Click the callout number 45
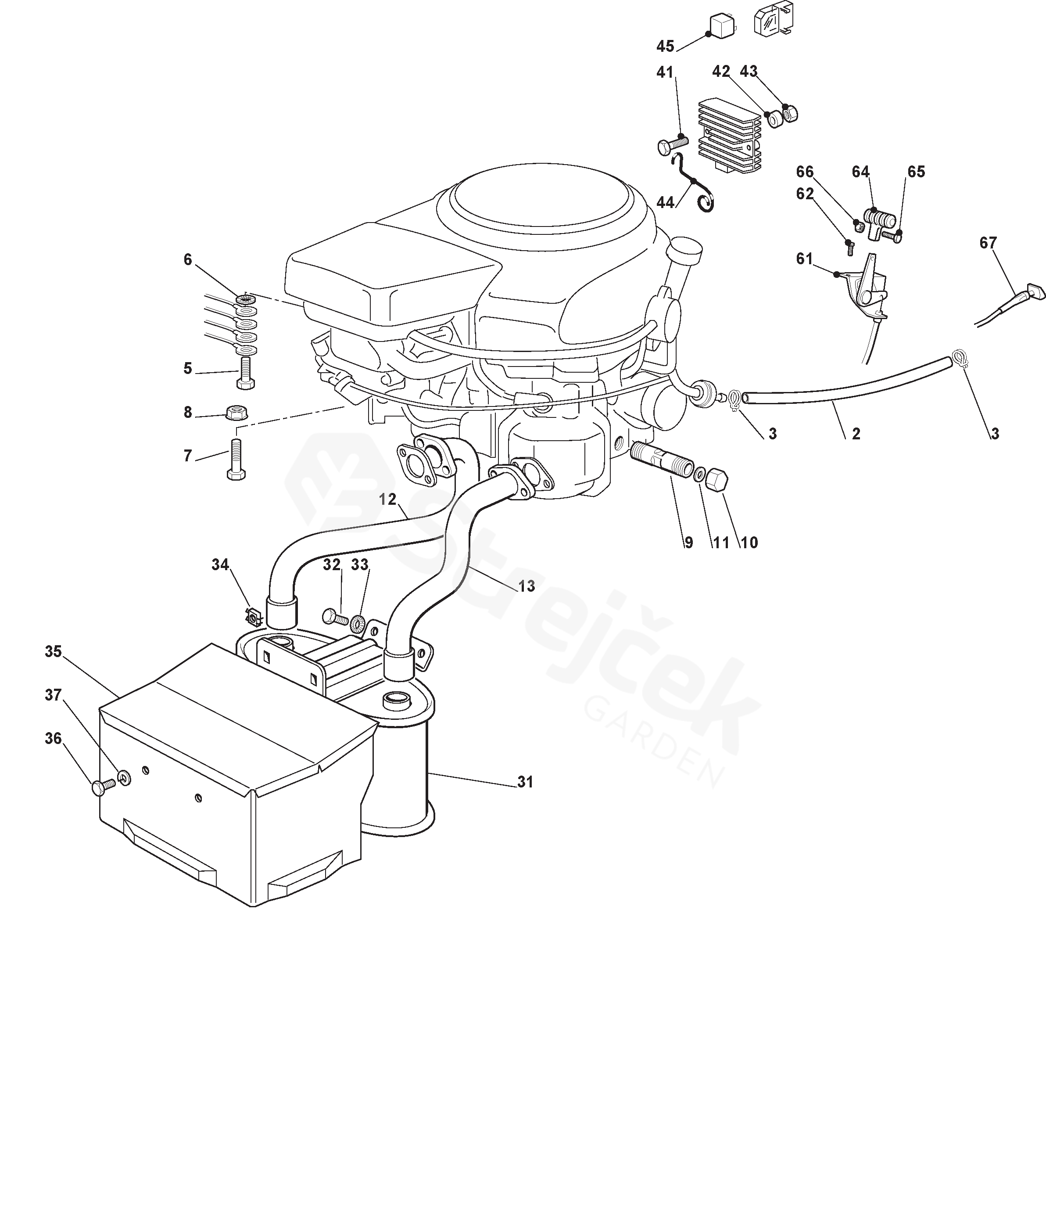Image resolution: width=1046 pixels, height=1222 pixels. click(665, 46)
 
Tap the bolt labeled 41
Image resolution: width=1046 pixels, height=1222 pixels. click(670, 144)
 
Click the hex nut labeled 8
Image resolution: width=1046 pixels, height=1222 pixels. click(236, 411)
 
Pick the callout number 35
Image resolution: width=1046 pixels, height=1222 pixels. click(53, 652)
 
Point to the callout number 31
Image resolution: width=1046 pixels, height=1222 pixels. click(525, 782)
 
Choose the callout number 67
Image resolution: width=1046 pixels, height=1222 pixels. click(988, 243)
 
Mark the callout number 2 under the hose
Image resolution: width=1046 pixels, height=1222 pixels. click(856, 434)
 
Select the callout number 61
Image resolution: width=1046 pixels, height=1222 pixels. click(805, 259)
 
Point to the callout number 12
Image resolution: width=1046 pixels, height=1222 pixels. click(387, 499)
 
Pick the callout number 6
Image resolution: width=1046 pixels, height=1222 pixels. click(188, 259)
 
